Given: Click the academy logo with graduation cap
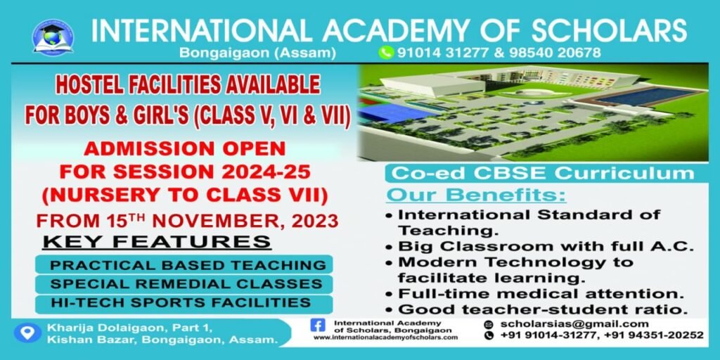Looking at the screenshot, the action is (x=53, y=37).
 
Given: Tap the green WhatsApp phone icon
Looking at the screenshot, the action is (x=386, y=52).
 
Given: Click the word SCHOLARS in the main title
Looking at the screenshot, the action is (x=609, y=30).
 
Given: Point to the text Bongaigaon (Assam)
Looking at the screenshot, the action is (x=257, y=53).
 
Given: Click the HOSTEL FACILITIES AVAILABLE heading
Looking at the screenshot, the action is (x=187, y=85).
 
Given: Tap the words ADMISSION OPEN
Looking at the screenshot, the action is (x=185, y=148).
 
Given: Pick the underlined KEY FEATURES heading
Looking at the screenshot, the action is (x=157, y=242).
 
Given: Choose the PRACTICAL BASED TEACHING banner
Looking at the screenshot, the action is (x=184, y=265).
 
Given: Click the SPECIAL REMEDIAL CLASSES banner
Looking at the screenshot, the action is (x=184, y=284).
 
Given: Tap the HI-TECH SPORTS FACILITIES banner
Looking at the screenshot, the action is (x=184, y=303).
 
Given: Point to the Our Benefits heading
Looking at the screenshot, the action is (x=476, y=195).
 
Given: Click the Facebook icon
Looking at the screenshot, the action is (x=318, y=325).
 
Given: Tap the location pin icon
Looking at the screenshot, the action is (x=28, y=333).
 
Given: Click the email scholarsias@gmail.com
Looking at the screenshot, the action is (x=574, y=323).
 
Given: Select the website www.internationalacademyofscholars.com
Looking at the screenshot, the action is (x=386, y=337).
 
